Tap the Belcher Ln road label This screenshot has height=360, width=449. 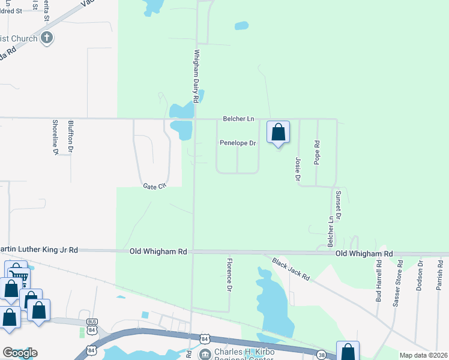238,119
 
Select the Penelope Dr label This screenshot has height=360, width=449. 238,143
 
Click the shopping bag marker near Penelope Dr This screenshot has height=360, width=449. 278,132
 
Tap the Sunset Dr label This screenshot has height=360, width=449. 339,204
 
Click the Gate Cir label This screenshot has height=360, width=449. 154,187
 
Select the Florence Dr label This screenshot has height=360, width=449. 229,275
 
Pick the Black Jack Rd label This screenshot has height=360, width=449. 291,269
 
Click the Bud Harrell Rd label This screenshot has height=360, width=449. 379,280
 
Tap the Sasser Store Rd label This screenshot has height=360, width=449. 397,284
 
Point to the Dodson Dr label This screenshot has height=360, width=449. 419,275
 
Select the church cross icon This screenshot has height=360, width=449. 47,38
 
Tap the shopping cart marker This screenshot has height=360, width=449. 19,277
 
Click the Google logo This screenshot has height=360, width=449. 20,353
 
